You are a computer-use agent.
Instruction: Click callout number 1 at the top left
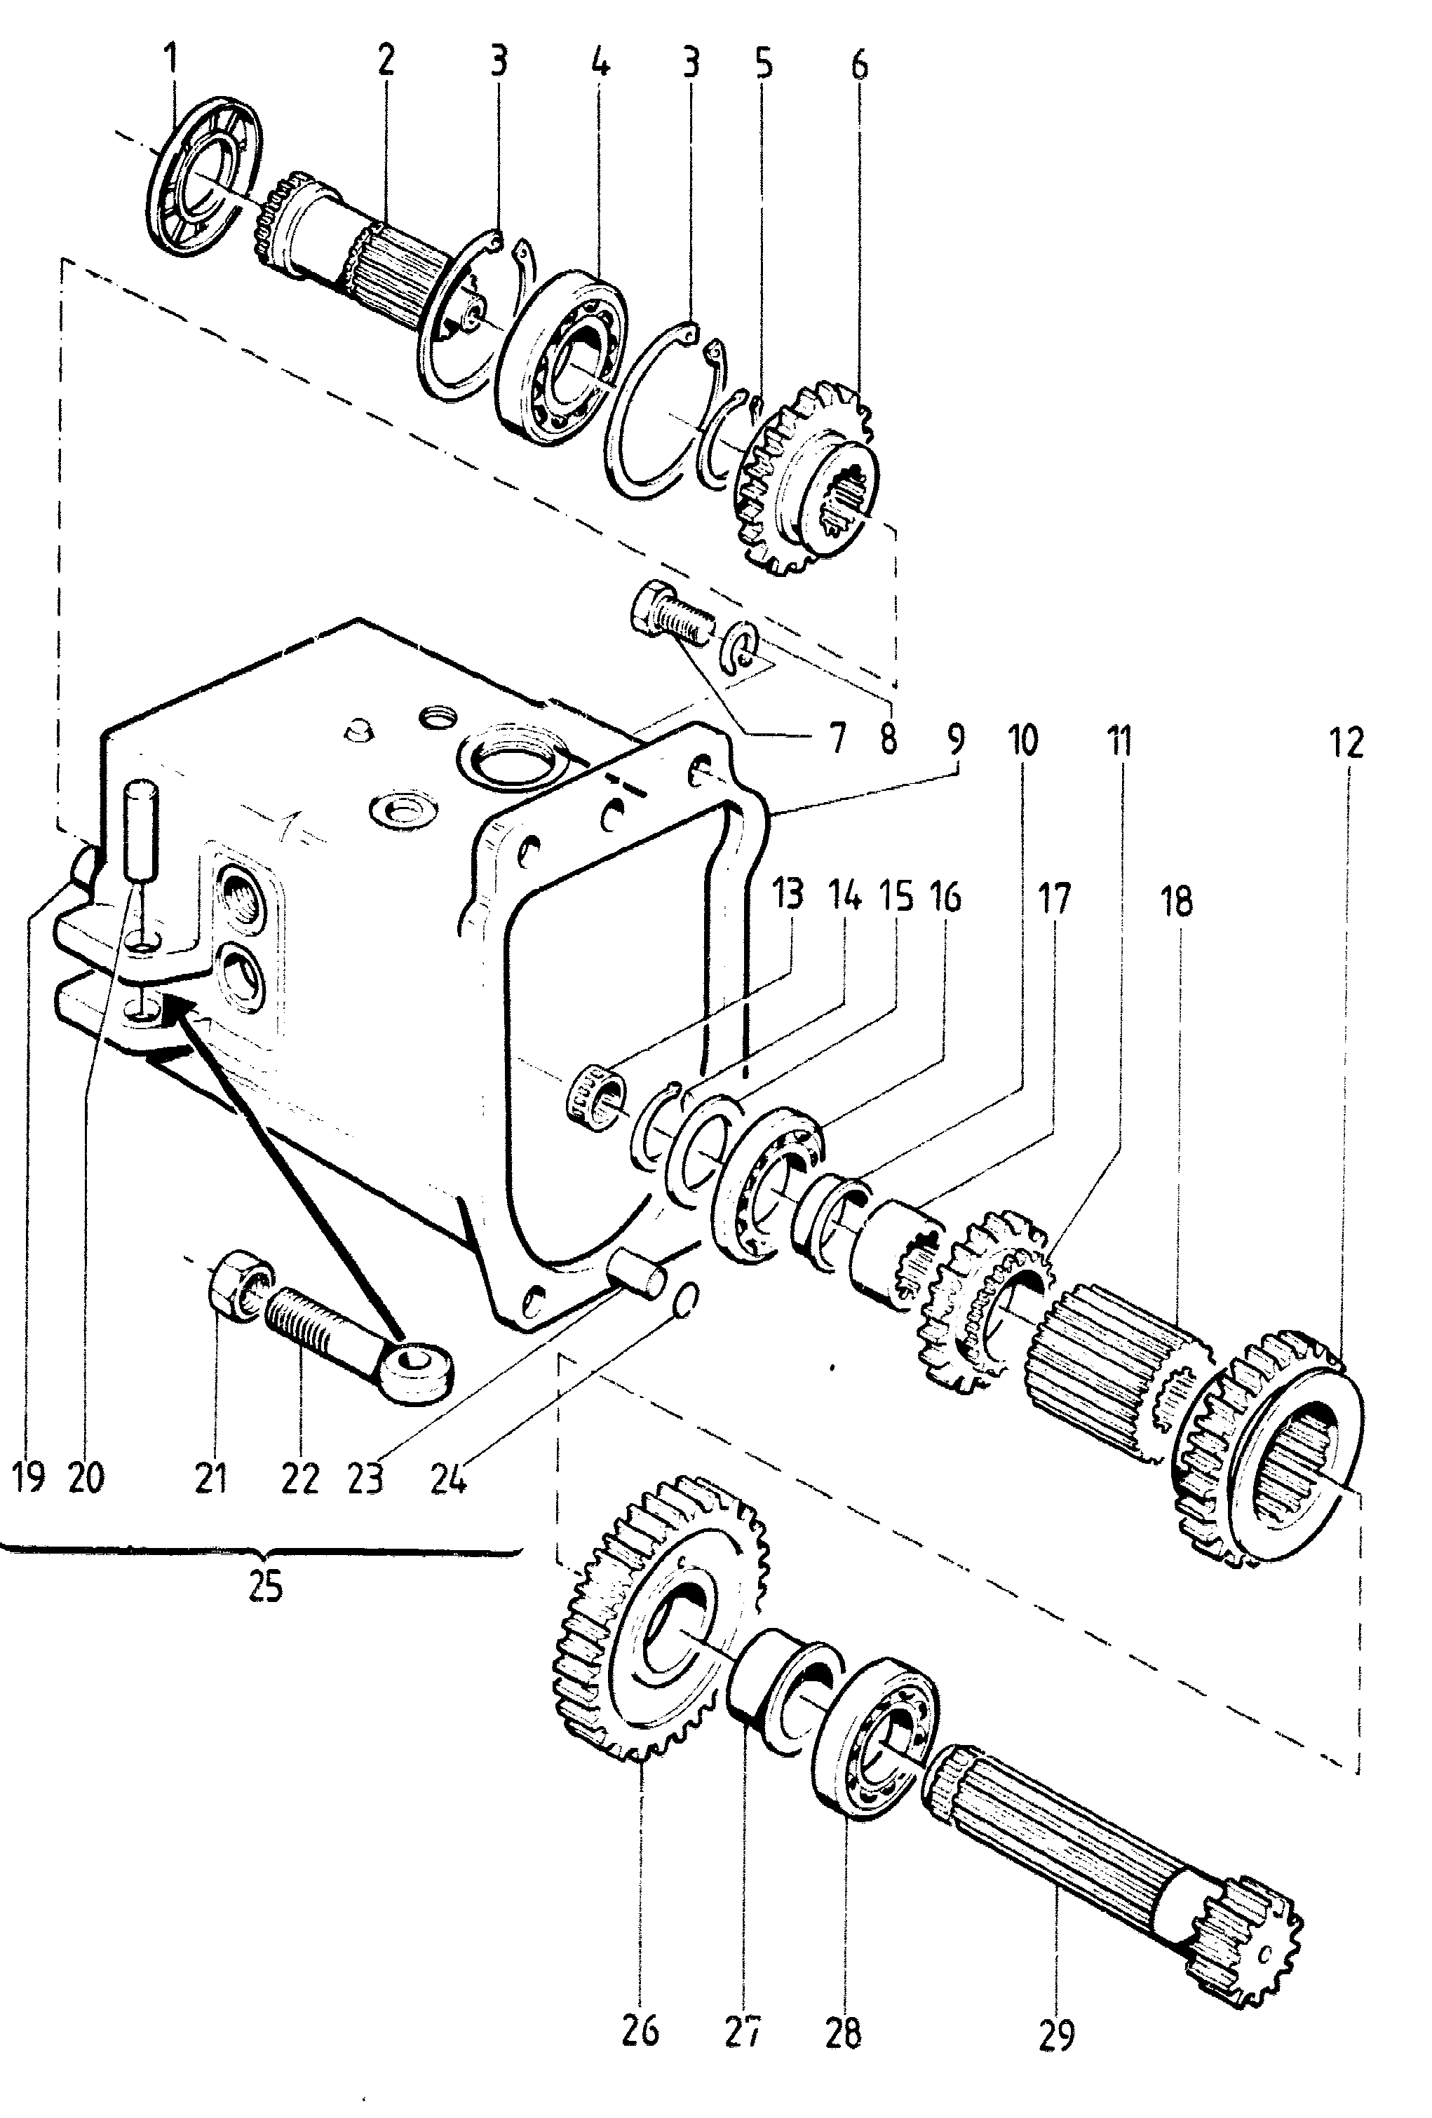[x=170, y=61]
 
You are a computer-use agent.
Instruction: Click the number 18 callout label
[x=1177, y=902]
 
